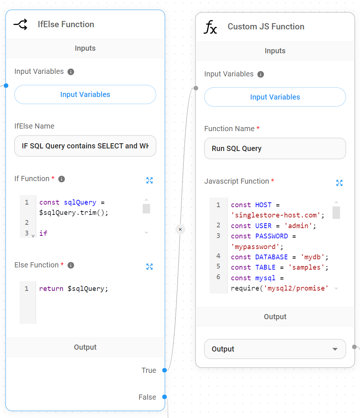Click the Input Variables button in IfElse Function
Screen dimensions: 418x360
tap(85, 94)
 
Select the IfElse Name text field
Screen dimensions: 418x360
tap(85, 146)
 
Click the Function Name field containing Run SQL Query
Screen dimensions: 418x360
tap(275, 148)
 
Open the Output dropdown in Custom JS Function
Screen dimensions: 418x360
tap(275, 349)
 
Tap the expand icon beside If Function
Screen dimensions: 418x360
tap(149, 180)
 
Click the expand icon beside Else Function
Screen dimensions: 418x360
tap(149, 267)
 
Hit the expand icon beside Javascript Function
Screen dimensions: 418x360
tap(339, 183)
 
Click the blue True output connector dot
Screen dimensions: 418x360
tap(164, 370)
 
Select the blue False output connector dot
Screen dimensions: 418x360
tap(164, 397)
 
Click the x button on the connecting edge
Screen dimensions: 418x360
tap(180, 229)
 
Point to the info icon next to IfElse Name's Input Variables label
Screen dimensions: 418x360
tap(71, 72)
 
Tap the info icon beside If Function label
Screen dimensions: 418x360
tap(62, 179)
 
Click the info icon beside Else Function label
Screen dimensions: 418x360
tap(71, 265)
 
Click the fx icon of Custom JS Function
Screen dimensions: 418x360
tap(211, 27)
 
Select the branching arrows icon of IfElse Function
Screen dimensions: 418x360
tap(21, 25)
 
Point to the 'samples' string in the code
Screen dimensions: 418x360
tap(310, 267)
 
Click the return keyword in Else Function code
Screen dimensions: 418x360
tap(51, 289)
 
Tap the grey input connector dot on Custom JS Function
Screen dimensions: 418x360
tap(196, 88)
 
